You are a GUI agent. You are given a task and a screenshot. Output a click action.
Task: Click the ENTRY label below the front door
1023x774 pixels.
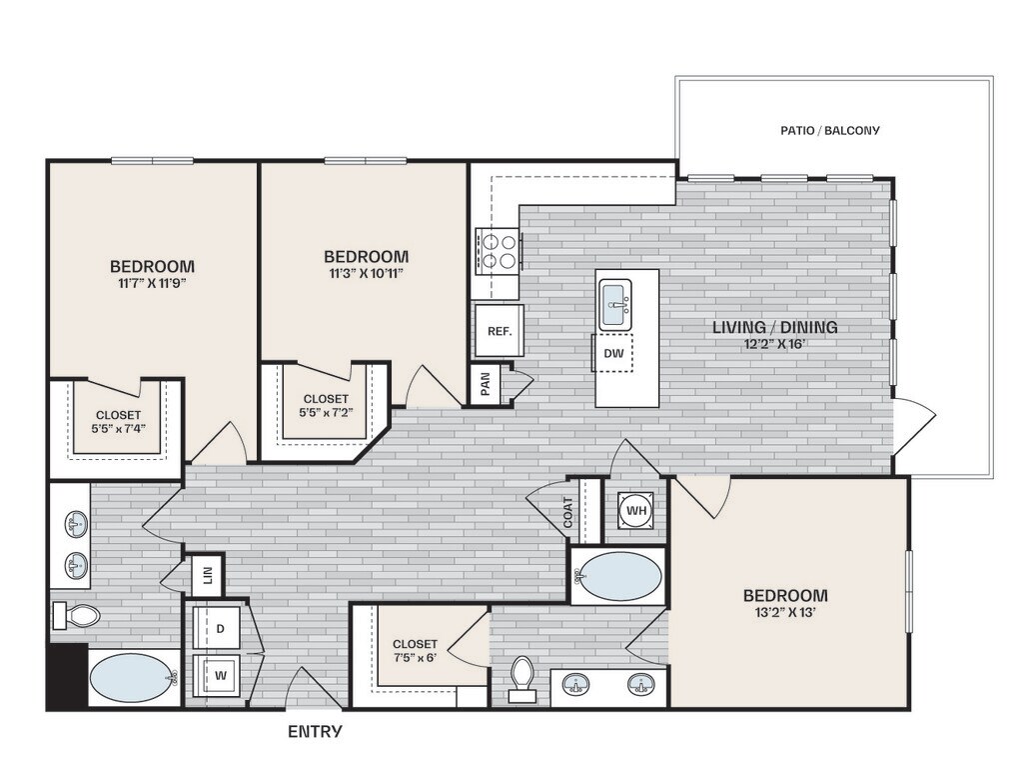[315, 731]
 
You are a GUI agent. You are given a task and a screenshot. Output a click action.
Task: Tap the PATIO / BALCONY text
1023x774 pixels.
[830, 131]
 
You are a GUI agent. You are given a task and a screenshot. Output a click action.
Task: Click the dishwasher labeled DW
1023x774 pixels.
[613, 353]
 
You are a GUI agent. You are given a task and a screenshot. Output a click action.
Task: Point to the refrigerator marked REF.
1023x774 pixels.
[500, 331]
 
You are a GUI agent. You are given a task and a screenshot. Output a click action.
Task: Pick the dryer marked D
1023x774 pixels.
[219, 628]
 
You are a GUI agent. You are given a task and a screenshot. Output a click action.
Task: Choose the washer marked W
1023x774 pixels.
[219, 675]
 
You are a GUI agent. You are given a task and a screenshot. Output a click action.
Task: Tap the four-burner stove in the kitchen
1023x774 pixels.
[498, 251]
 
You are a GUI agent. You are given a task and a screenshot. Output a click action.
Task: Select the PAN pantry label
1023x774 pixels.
[485, 384]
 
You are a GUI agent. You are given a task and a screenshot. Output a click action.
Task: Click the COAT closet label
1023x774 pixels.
[567, 513]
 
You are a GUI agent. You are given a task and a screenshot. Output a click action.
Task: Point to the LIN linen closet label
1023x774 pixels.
[208, 575]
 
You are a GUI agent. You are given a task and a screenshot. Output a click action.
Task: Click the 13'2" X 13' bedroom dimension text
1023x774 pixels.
[785, 613]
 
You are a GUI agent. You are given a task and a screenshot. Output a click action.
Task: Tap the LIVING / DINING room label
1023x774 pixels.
[774, 327]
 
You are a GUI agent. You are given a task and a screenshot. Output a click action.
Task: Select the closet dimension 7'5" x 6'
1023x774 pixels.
[415, 658]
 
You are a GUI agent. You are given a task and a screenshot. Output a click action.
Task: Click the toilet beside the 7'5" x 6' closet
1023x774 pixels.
[521, 679]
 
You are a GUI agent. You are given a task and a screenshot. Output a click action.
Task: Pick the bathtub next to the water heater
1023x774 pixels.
[617, 576]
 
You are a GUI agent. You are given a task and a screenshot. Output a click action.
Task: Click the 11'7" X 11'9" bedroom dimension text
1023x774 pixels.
[152, 283]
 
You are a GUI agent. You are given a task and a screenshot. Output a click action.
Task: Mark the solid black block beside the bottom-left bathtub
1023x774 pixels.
[67, 675]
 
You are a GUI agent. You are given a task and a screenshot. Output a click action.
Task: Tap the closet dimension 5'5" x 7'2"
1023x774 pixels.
[326, 413]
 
